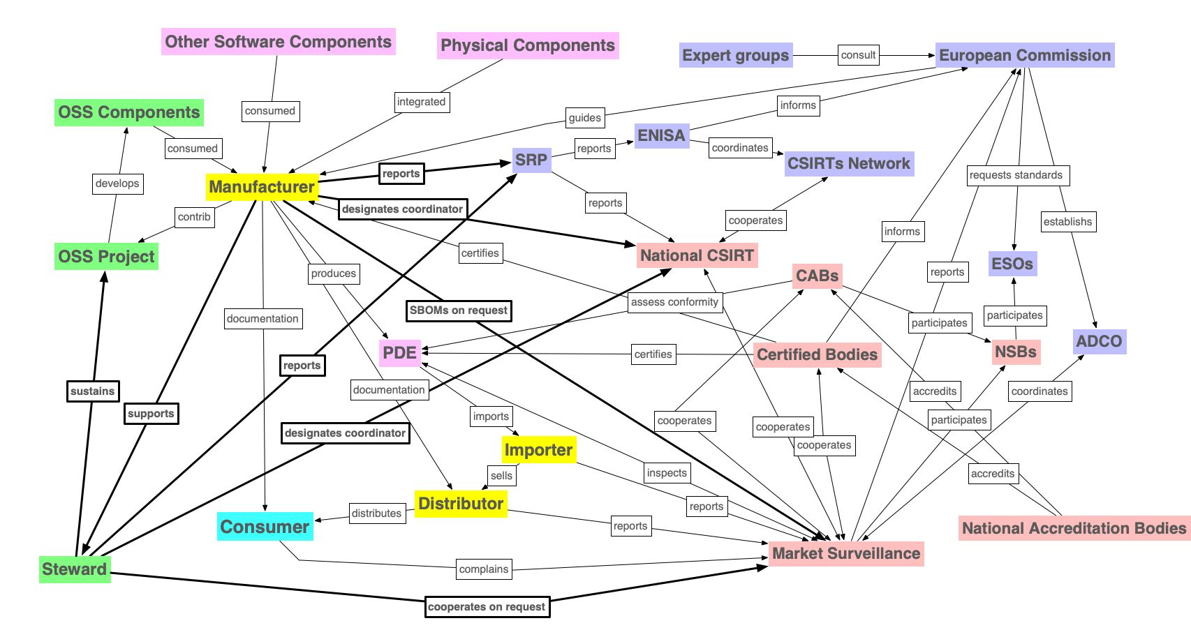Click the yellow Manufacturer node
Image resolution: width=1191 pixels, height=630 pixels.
click(x=262, y=187)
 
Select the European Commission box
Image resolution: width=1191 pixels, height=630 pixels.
click(x=1024, y=55)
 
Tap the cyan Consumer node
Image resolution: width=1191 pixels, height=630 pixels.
click(x=265, y=527)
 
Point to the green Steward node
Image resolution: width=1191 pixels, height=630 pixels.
click(x=74, y=569)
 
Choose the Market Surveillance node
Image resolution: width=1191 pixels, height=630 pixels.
click(x=846, y=553)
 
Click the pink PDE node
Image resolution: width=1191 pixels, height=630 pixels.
click(x=399, y=352)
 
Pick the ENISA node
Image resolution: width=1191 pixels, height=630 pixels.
click(x=661, y=135)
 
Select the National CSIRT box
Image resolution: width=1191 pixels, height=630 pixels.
click(x=697, y=255)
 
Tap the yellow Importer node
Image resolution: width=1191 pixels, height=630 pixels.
click(x=538, y=450)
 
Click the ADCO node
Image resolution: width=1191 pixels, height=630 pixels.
click(x=1099, y=341)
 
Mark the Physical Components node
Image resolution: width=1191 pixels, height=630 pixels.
click(x=528, y=45)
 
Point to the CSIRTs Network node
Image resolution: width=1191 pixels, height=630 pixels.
click(x=848, y=163)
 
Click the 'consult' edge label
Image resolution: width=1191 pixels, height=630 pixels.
click(x=858, y=55)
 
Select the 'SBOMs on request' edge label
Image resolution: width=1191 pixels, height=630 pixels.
click(x=459, y=310)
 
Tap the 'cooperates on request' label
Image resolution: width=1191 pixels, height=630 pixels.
click(x=487, y=607)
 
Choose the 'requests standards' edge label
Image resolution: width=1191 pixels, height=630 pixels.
click(x=1016, y=175)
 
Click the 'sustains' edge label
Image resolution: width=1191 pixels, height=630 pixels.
click(x=92, y=391)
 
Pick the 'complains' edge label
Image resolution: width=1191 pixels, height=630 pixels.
click(x=484, y=569)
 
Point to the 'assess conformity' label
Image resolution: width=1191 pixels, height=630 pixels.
click(x=674, y=302)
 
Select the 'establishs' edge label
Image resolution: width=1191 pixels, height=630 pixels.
click(x=1067, y=222)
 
